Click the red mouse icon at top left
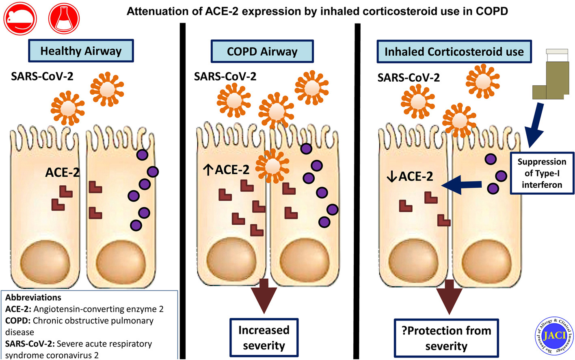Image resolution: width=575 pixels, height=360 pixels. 20,18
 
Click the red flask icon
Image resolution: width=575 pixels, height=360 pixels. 64,18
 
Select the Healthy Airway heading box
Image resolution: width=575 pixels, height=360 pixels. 81,51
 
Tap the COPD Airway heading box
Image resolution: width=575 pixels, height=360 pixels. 262,51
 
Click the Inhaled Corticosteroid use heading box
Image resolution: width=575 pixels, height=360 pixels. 454,52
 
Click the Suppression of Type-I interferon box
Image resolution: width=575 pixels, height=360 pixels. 542,173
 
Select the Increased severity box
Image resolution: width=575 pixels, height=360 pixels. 264,338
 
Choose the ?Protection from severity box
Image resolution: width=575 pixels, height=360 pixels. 446,338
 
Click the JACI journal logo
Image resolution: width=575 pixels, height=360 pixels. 554,336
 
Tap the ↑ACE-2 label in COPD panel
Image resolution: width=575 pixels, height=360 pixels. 226,170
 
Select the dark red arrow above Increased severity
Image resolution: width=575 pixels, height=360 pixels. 264,296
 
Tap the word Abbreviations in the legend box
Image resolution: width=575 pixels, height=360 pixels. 33,297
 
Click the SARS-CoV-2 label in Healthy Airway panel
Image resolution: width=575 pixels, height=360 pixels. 42,76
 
